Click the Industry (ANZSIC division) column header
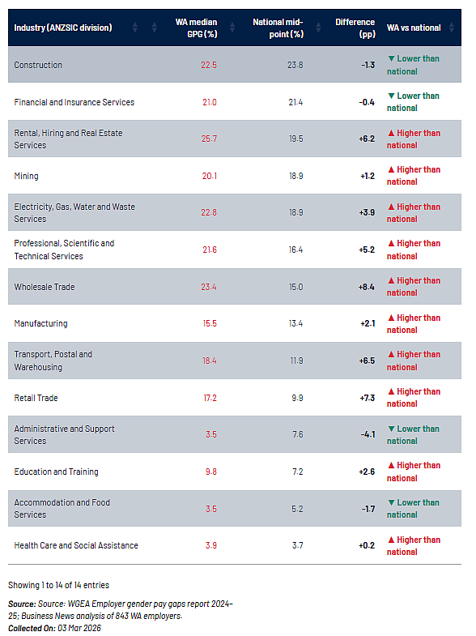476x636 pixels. [63, 28]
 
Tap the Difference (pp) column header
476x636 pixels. [355, 28]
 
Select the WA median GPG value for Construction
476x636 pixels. [209, 65]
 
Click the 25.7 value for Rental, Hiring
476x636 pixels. [209, 139]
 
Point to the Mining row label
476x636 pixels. [27, 176]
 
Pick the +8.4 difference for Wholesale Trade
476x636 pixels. [366, 287]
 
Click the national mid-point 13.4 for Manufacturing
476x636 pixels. [295, 324]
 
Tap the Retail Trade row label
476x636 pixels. [36, 398]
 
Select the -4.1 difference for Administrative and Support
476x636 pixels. [368, 434]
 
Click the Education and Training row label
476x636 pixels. [57, 472]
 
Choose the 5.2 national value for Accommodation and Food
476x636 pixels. [297, 509]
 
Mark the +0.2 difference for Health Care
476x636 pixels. [367, 545]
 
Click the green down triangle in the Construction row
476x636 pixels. [391, 59]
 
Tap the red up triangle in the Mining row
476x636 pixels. [391, 169]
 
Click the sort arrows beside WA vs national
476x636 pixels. [451, 28]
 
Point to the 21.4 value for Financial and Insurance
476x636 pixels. [295, 102]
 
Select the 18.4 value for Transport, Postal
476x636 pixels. [210, 361]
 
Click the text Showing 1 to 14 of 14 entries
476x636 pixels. [59, 585]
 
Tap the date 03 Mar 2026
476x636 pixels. [79, 628]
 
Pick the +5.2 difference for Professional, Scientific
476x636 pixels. [367, 250]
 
